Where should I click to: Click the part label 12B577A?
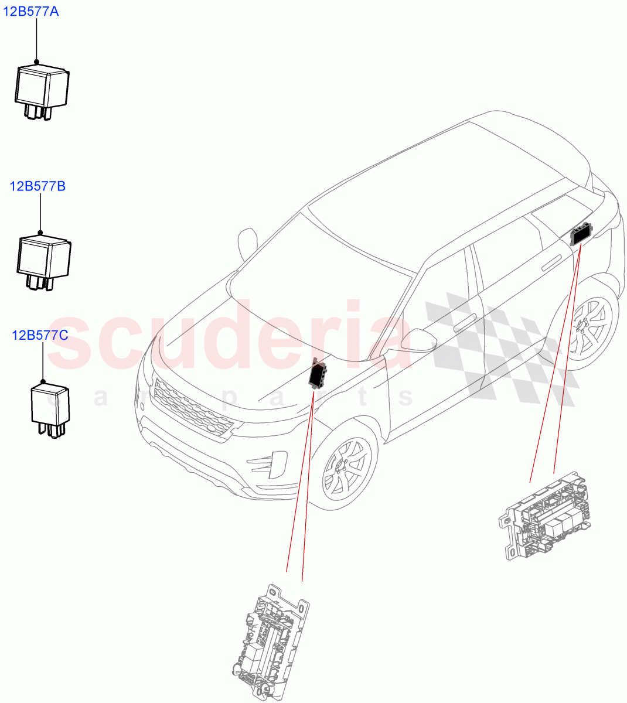click(x=32, y=12)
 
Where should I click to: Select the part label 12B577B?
click(x=38, y=186)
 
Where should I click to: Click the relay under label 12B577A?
click(x=41, y=91)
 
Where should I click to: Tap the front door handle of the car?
click(x=464, y=321)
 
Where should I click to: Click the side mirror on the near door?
click(x=417, y=340)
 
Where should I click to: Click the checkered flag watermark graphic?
click(x=504, y=346)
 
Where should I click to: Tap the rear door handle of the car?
click(x=551, y=265)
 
